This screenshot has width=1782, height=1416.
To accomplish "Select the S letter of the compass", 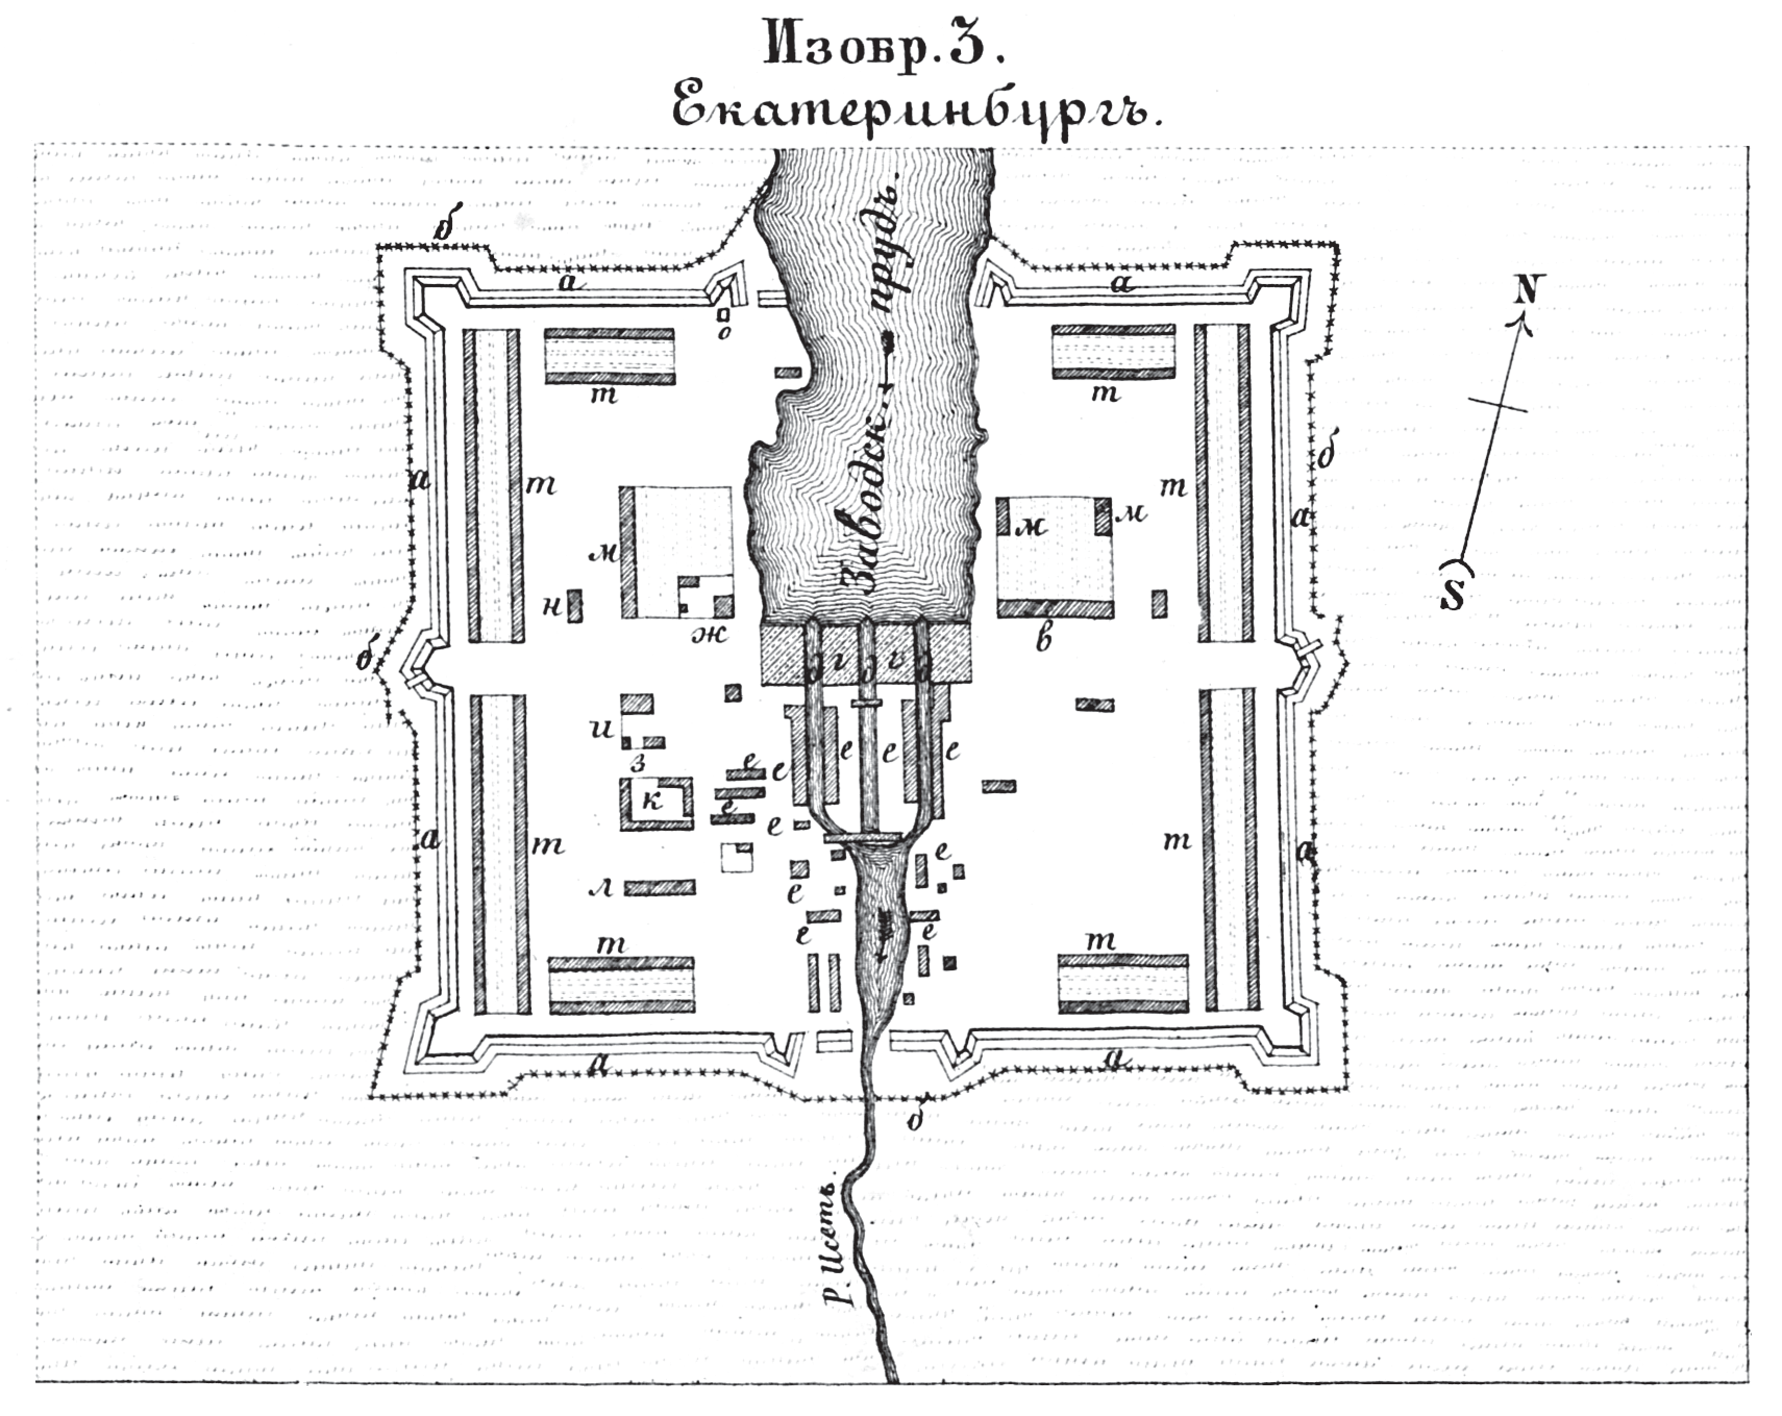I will [x=1452, y=595].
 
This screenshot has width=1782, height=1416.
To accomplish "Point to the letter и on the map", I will [x=603, y=729].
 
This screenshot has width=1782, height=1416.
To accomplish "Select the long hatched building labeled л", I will [x=660, y=887].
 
